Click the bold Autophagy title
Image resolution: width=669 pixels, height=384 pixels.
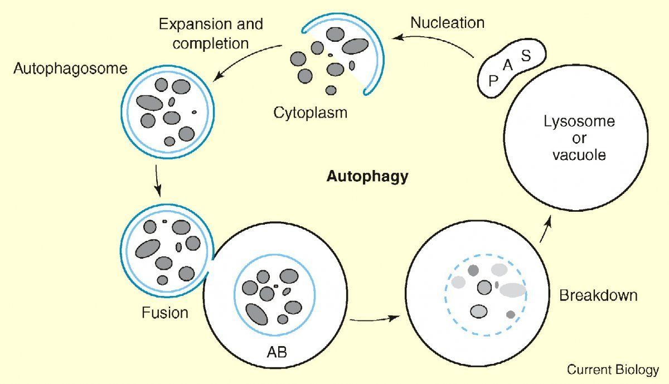(x=367, y=177)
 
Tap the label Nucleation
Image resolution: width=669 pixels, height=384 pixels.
(x=447, y=23)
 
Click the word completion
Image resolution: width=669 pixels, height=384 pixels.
(x=211, y=44)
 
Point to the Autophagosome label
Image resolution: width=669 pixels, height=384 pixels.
(x=70, y=69)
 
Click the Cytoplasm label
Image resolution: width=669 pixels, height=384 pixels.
(x=311, y=113)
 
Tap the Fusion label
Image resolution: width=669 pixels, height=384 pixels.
(x=165, y=313)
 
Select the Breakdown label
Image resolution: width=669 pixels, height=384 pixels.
(x=598, y=295)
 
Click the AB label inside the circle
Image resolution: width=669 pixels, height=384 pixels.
(x=277, y=352)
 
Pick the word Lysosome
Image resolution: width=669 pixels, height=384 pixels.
(x=579, y=122)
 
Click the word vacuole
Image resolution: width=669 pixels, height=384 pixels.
(x=579, y=155)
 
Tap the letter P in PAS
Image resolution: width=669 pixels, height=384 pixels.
(x=493, y=81)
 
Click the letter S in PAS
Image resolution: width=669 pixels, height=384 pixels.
(x=526, y=55)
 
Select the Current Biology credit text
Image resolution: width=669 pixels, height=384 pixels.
(x=613, y=370)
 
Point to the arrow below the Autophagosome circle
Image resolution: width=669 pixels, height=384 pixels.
(x=157, y=181)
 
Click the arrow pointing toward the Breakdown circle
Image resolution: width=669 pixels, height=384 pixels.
(x=375, y=319)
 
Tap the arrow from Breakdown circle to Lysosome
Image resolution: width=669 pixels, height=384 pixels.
(x=545, y=229)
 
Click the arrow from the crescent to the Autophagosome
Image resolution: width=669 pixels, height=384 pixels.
(x=244, y=58)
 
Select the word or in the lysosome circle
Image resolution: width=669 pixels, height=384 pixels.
(x=579, y=139)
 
